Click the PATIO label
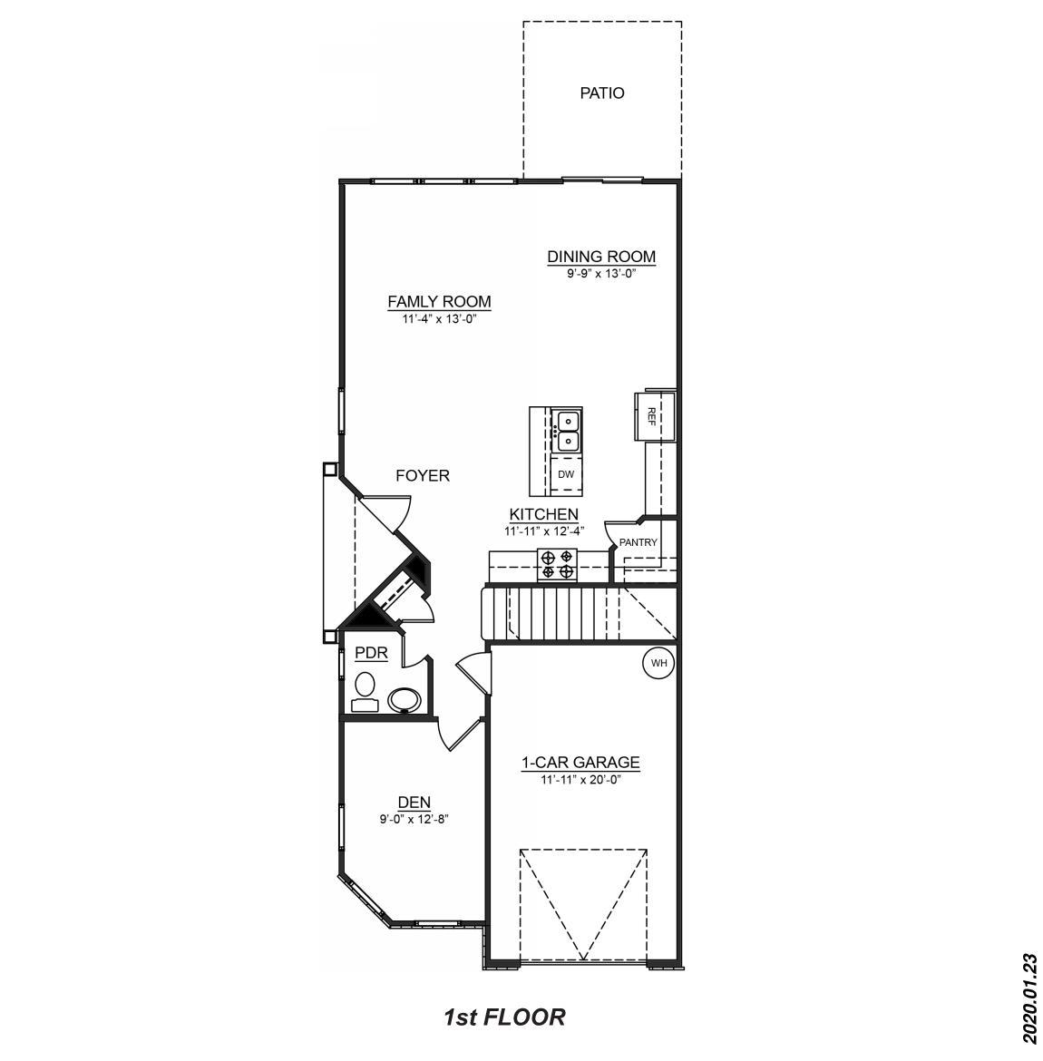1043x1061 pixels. click(602, 92)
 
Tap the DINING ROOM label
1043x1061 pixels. click(600, 257)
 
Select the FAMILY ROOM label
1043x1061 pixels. click(439, 302)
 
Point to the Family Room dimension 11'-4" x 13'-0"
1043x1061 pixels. click(439, 318)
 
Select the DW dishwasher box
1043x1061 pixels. click(566, 474)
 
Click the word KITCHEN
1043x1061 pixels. click(543, 514)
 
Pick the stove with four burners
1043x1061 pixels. click(558, 563)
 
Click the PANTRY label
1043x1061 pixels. click(638, 542)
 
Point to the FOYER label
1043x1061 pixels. click(423, 475)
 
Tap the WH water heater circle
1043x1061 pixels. click(659, 663)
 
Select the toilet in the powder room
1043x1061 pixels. click(366, 690)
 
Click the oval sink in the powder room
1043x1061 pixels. click(404, 699)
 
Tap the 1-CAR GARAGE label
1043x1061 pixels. click(580, 763)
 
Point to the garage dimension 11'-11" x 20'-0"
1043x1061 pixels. click(580, 779)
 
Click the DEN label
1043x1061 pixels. click(414, 803)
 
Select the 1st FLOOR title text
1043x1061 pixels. click(504, 1017)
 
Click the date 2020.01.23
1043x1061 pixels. click(1028, 998)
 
